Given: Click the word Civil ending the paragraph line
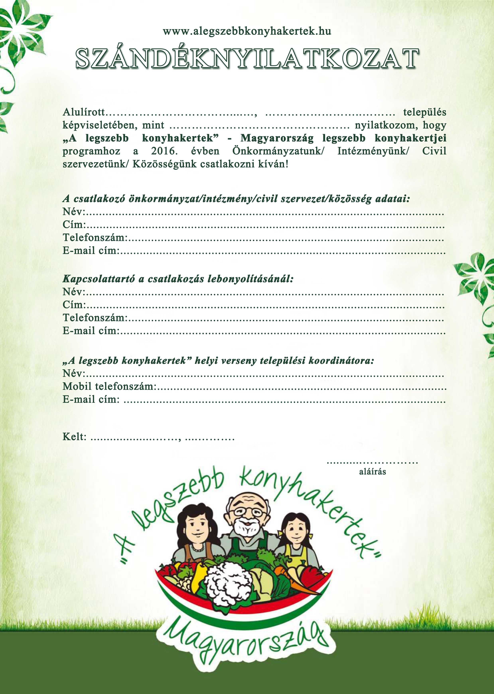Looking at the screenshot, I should point(434,151).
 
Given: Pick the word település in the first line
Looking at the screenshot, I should point(425,112).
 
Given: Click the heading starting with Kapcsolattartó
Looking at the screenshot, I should point(178,279).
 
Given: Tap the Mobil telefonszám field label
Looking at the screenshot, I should point(109,387).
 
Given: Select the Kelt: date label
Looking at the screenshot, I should point(75,437).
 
